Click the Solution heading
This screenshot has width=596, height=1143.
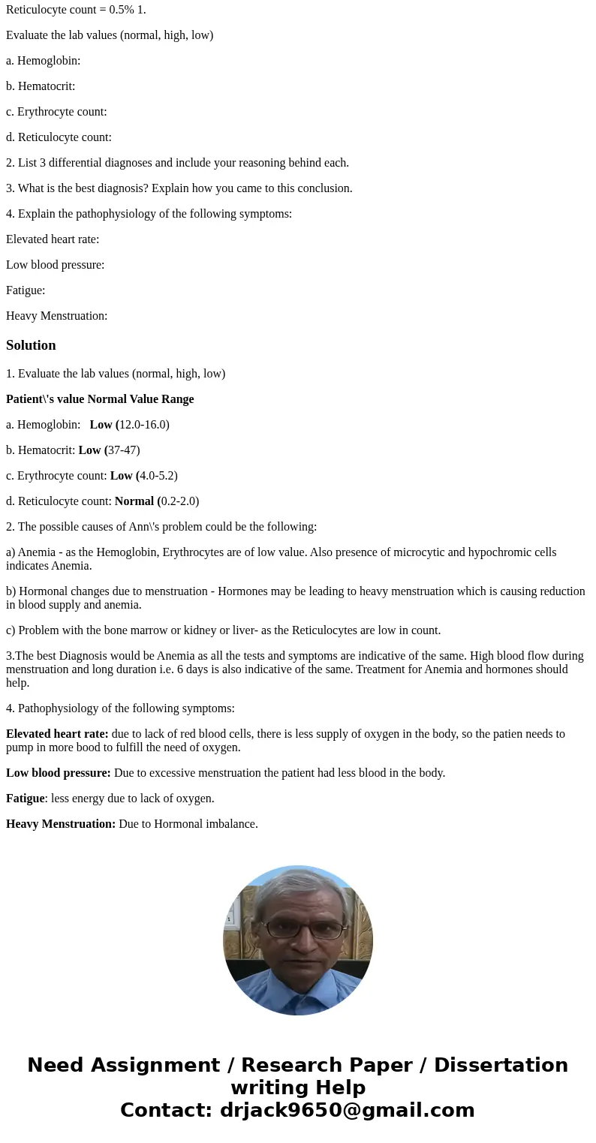pyautogui.click(x=31, y=345)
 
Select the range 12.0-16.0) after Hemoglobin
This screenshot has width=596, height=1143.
pyautogui.click(x=144, y=425)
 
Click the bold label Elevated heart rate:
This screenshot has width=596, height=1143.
pyautogui.click(x=57, y=734)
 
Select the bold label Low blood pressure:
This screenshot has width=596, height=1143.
pyautogui.click(x=59, y=773)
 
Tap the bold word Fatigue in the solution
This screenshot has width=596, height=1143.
pyautogui.click(x=26, y=799)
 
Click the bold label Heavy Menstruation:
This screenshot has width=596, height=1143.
pyautogui.click(x=61, y=824)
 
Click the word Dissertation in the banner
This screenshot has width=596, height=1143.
pyautogui.click(x=501, y=1065)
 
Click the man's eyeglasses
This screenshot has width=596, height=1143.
pyautogui.click(x=304, y=929)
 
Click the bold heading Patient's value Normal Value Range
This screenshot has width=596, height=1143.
pyautogui.click(x=100, y=399)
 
